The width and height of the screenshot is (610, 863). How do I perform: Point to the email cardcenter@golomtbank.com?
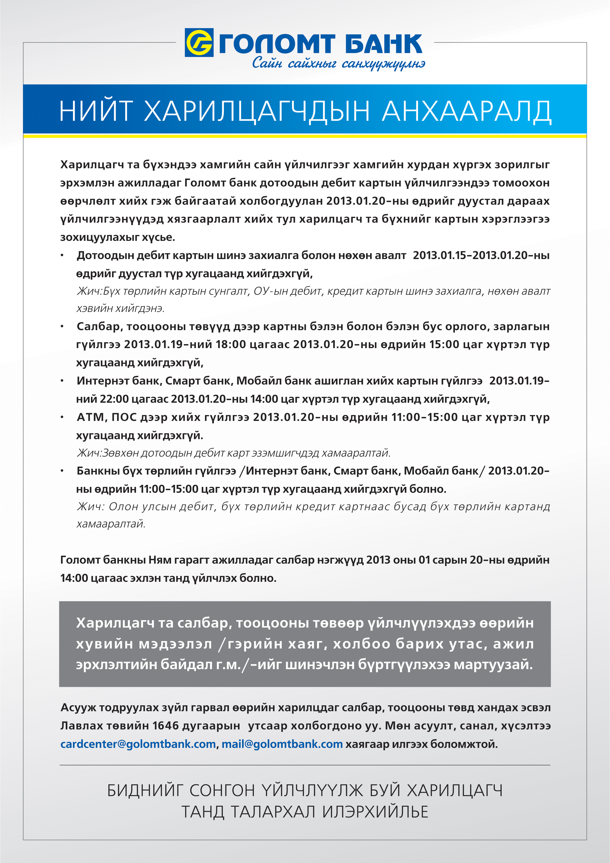click(x=138, y=744)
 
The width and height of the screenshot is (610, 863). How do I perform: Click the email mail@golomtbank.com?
click(x=282, y=744)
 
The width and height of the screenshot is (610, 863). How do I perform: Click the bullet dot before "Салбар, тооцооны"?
click(x=62, y=327)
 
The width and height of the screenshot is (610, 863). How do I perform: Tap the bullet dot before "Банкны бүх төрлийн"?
click(x=62, y=471)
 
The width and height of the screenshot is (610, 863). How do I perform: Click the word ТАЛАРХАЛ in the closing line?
click(x=273, y=812)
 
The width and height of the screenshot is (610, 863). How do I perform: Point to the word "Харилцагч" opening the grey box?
click(x=115, y=623)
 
